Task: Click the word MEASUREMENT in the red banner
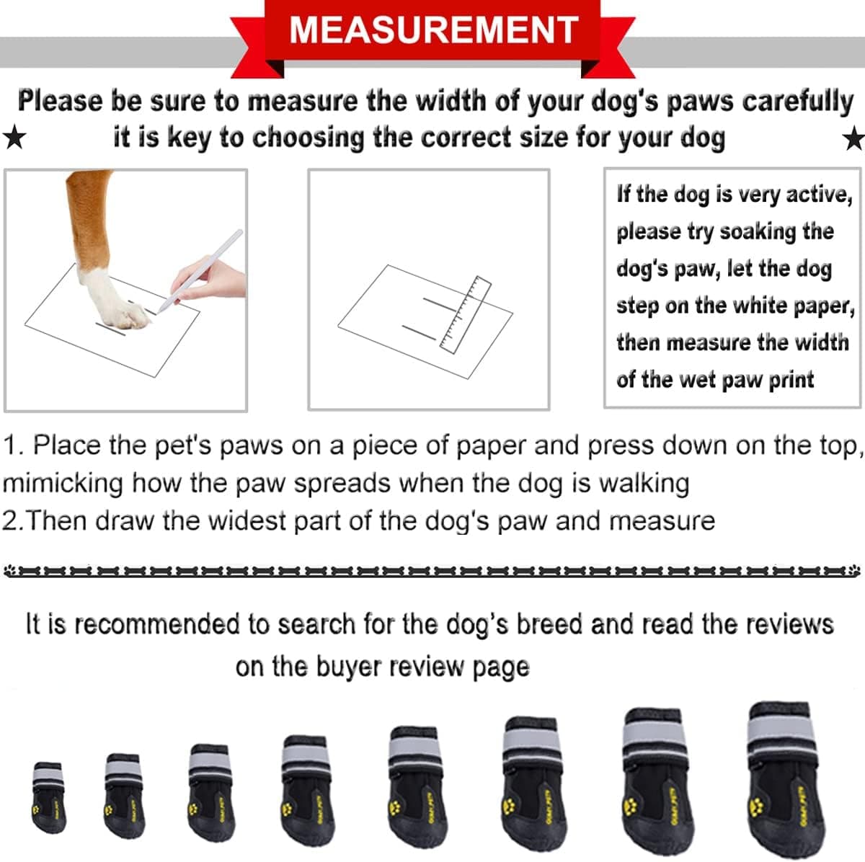[x=433, y=30]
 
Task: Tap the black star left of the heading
[x=14, y=137]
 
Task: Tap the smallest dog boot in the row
[x=49, y=796]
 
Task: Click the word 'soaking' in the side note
[x=757, y=231]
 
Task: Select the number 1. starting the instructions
[x=14, y=445]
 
